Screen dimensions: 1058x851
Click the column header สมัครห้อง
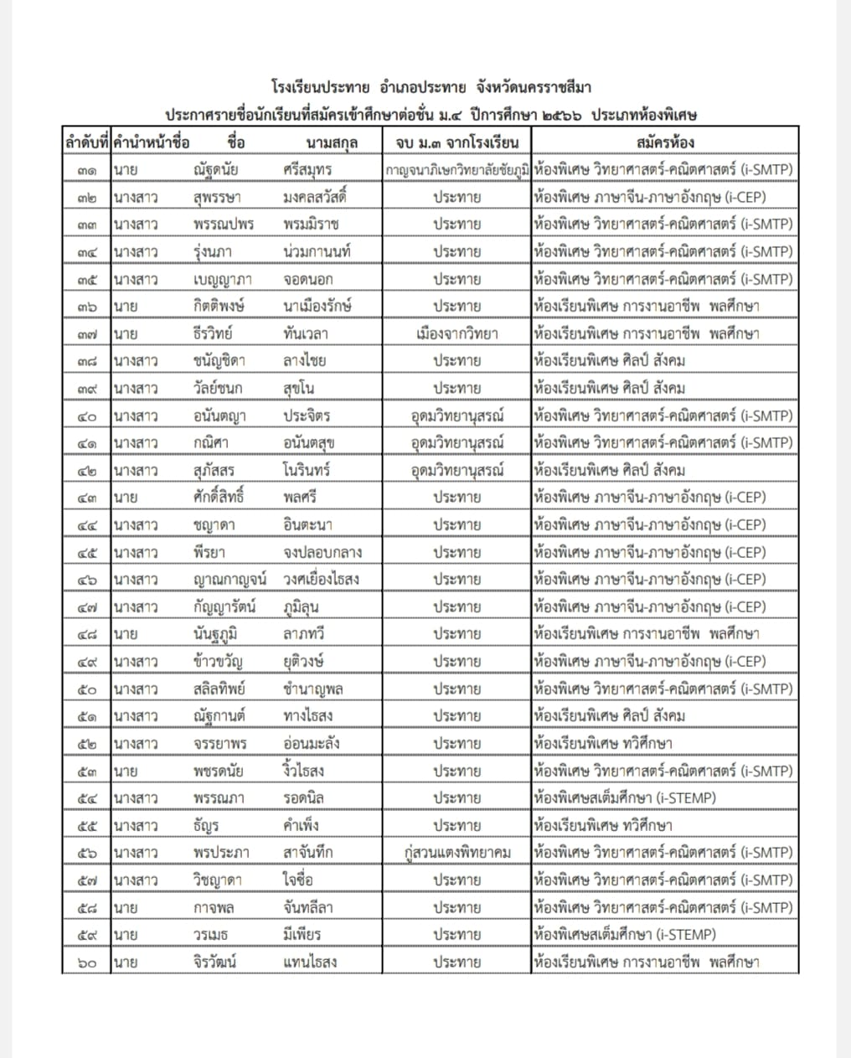pos(665,142)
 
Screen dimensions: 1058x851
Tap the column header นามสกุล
pos(332,142)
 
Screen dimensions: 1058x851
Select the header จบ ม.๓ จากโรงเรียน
pos(457,142)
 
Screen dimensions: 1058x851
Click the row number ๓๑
pos(86,170)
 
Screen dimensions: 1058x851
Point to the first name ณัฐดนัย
pos(215,170)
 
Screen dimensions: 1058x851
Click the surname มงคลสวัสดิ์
pos(315,198)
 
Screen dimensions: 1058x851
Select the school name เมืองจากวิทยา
pos(457,334)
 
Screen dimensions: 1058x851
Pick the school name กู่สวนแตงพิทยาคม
pos(457,853)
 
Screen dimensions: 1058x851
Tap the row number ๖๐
pos(86,963)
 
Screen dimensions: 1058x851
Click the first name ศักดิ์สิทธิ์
pos(218,498)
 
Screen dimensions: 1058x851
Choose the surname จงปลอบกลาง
pos(322,553)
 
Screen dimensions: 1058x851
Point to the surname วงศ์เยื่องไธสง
pos(322,580)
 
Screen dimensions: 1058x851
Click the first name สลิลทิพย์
pos(219,689)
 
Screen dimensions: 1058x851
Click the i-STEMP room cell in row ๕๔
pos(625,798)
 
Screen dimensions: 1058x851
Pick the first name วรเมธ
pos(210,935)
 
